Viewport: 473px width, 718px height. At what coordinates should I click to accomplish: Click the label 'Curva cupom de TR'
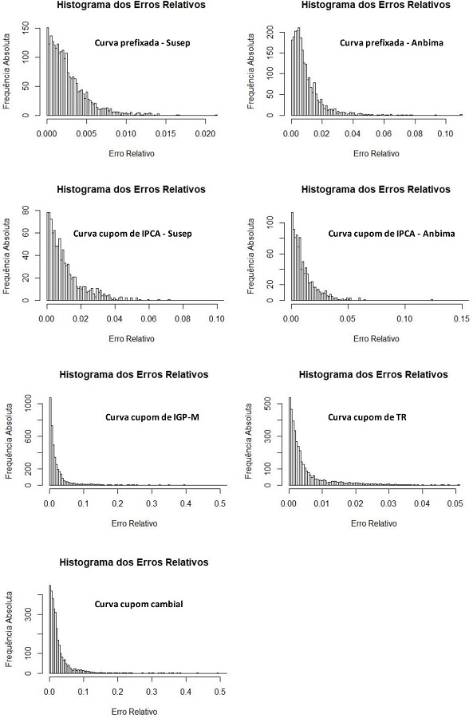click(x=365, y=416)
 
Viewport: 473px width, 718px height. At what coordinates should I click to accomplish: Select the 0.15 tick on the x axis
click(x=459, y=318)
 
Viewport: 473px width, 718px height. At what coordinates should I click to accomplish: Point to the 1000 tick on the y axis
click(x=29, y=405)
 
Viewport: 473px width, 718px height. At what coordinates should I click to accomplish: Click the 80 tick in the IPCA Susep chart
click(x=28, y=212)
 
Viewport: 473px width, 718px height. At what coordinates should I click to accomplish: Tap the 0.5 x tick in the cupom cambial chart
click(x=220, y=691)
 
